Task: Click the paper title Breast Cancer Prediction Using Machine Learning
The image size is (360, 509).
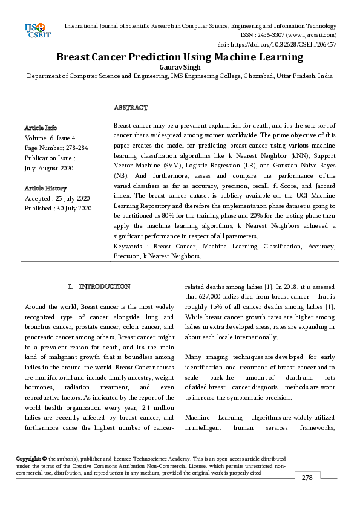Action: pos(180,57)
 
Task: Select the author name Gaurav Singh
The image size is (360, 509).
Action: pos(180,67)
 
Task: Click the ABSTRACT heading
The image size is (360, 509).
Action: pos(131,108)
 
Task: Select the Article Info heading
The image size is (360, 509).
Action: pos(41,128)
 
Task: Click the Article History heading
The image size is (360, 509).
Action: pos(45,189)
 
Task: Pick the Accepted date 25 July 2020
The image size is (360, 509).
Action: pos(72,198)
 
